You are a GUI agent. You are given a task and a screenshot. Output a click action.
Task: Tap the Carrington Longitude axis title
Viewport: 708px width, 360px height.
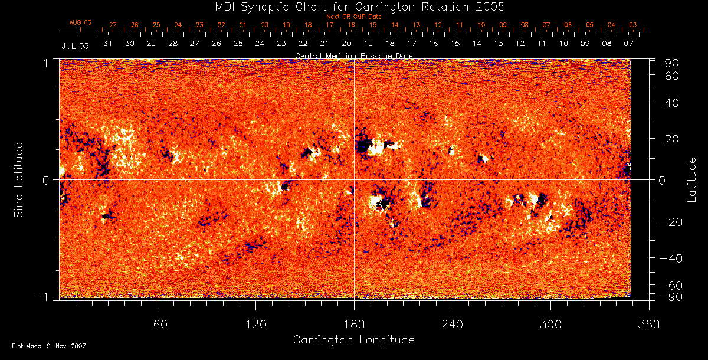coord(353,340)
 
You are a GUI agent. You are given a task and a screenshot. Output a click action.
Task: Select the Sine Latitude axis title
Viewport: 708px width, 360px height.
coord(19,179)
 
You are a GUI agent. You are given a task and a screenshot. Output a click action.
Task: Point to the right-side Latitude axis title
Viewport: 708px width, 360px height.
coord(691,179)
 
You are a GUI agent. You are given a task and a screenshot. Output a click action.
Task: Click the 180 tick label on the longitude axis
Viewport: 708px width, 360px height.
coord(354,324)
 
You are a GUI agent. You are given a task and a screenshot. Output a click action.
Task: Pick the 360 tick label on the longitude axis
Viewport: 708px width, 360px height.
coord(649,324)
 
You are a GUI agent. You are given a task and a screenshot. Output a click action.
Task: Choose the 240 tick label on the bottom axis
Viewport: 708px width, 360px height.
coord(453,324)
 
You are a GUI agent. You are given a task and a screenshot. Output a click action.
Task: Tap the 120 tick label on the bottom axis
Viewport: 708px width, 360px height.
coord(255,324)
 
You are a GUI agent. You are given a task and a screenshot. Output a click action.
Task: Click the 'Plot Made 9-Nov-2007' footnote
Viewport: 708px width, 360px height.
coord(48,346)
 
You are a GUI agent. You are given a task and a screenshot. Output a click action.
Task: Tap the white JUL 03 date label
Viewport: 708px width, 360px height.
coord(75,45)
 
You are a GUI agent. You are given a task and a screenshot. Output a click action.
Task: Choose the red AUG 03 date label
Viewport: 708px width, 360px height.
coord(80,22)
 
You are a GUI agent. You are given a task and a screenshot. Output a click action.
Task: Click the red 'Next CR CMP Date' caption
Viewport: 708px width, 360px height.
coord(354,17)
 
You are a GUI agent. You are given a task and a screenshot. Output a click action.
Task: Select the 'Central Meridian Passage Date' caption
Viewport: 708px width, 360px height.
coord(354,56)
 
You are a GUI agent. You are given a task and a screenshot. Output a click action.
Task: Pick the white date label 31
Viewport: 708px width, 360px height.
coord(107,44)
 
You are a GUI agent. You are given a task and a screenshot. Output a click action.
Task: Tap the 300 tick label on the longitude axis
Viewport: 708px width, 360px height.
coord(550,324)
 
